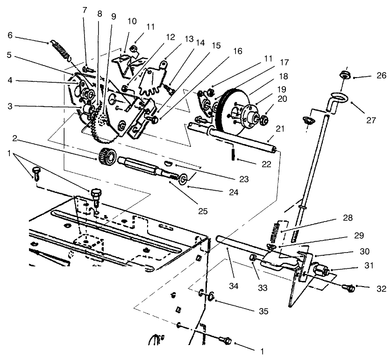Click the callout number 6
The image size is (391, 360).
[10, 35]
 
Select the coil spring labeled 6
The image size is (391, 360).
[60, 49]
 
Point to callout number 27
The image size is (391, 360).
[371, 120]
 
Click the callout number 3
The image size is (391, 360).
[10, 106]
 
